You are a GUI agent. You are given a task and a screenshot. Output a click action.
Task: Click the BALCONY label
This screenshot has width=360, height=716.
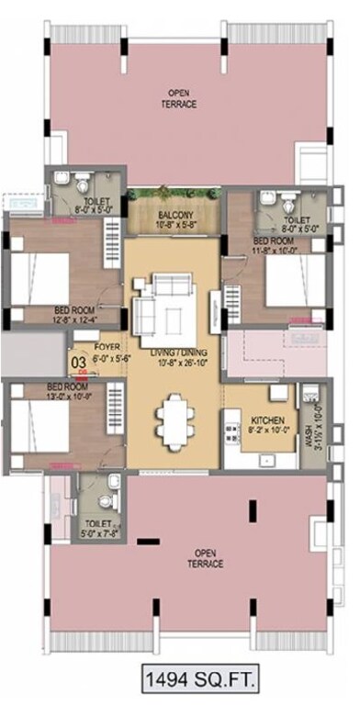[173, 217]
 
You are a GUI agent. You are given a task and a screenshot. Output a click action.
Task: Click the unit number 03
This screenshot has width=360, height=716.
[79, 362]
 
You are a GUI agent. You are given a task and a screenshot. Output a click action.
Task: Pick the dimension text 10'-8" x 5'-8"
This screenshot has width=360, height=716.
[173, 226]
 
